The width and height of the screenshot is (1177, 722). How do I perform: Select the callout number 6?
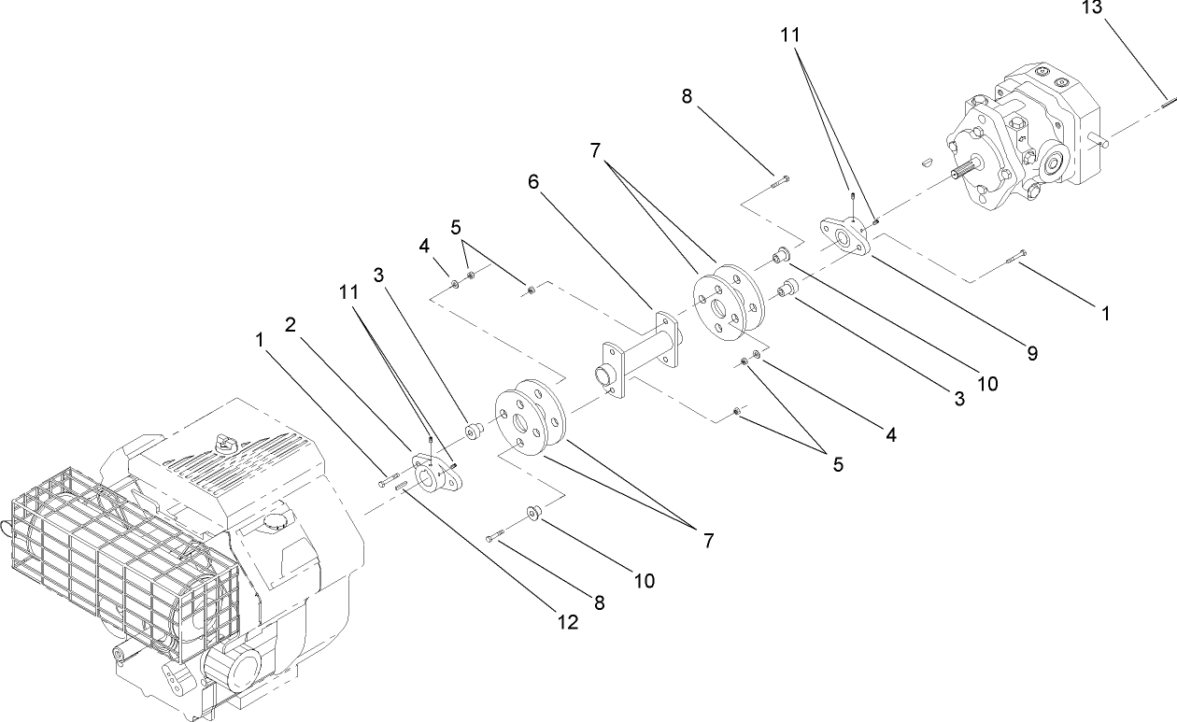pos(533,181)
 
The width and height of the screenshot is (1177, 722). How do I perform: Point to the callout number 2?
pos(291,325)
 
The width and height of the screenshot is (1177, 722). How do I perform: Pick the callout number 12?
pos(569,622)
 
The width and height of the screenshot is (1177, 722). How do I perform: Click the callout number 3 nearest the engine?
pos(378,275)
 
